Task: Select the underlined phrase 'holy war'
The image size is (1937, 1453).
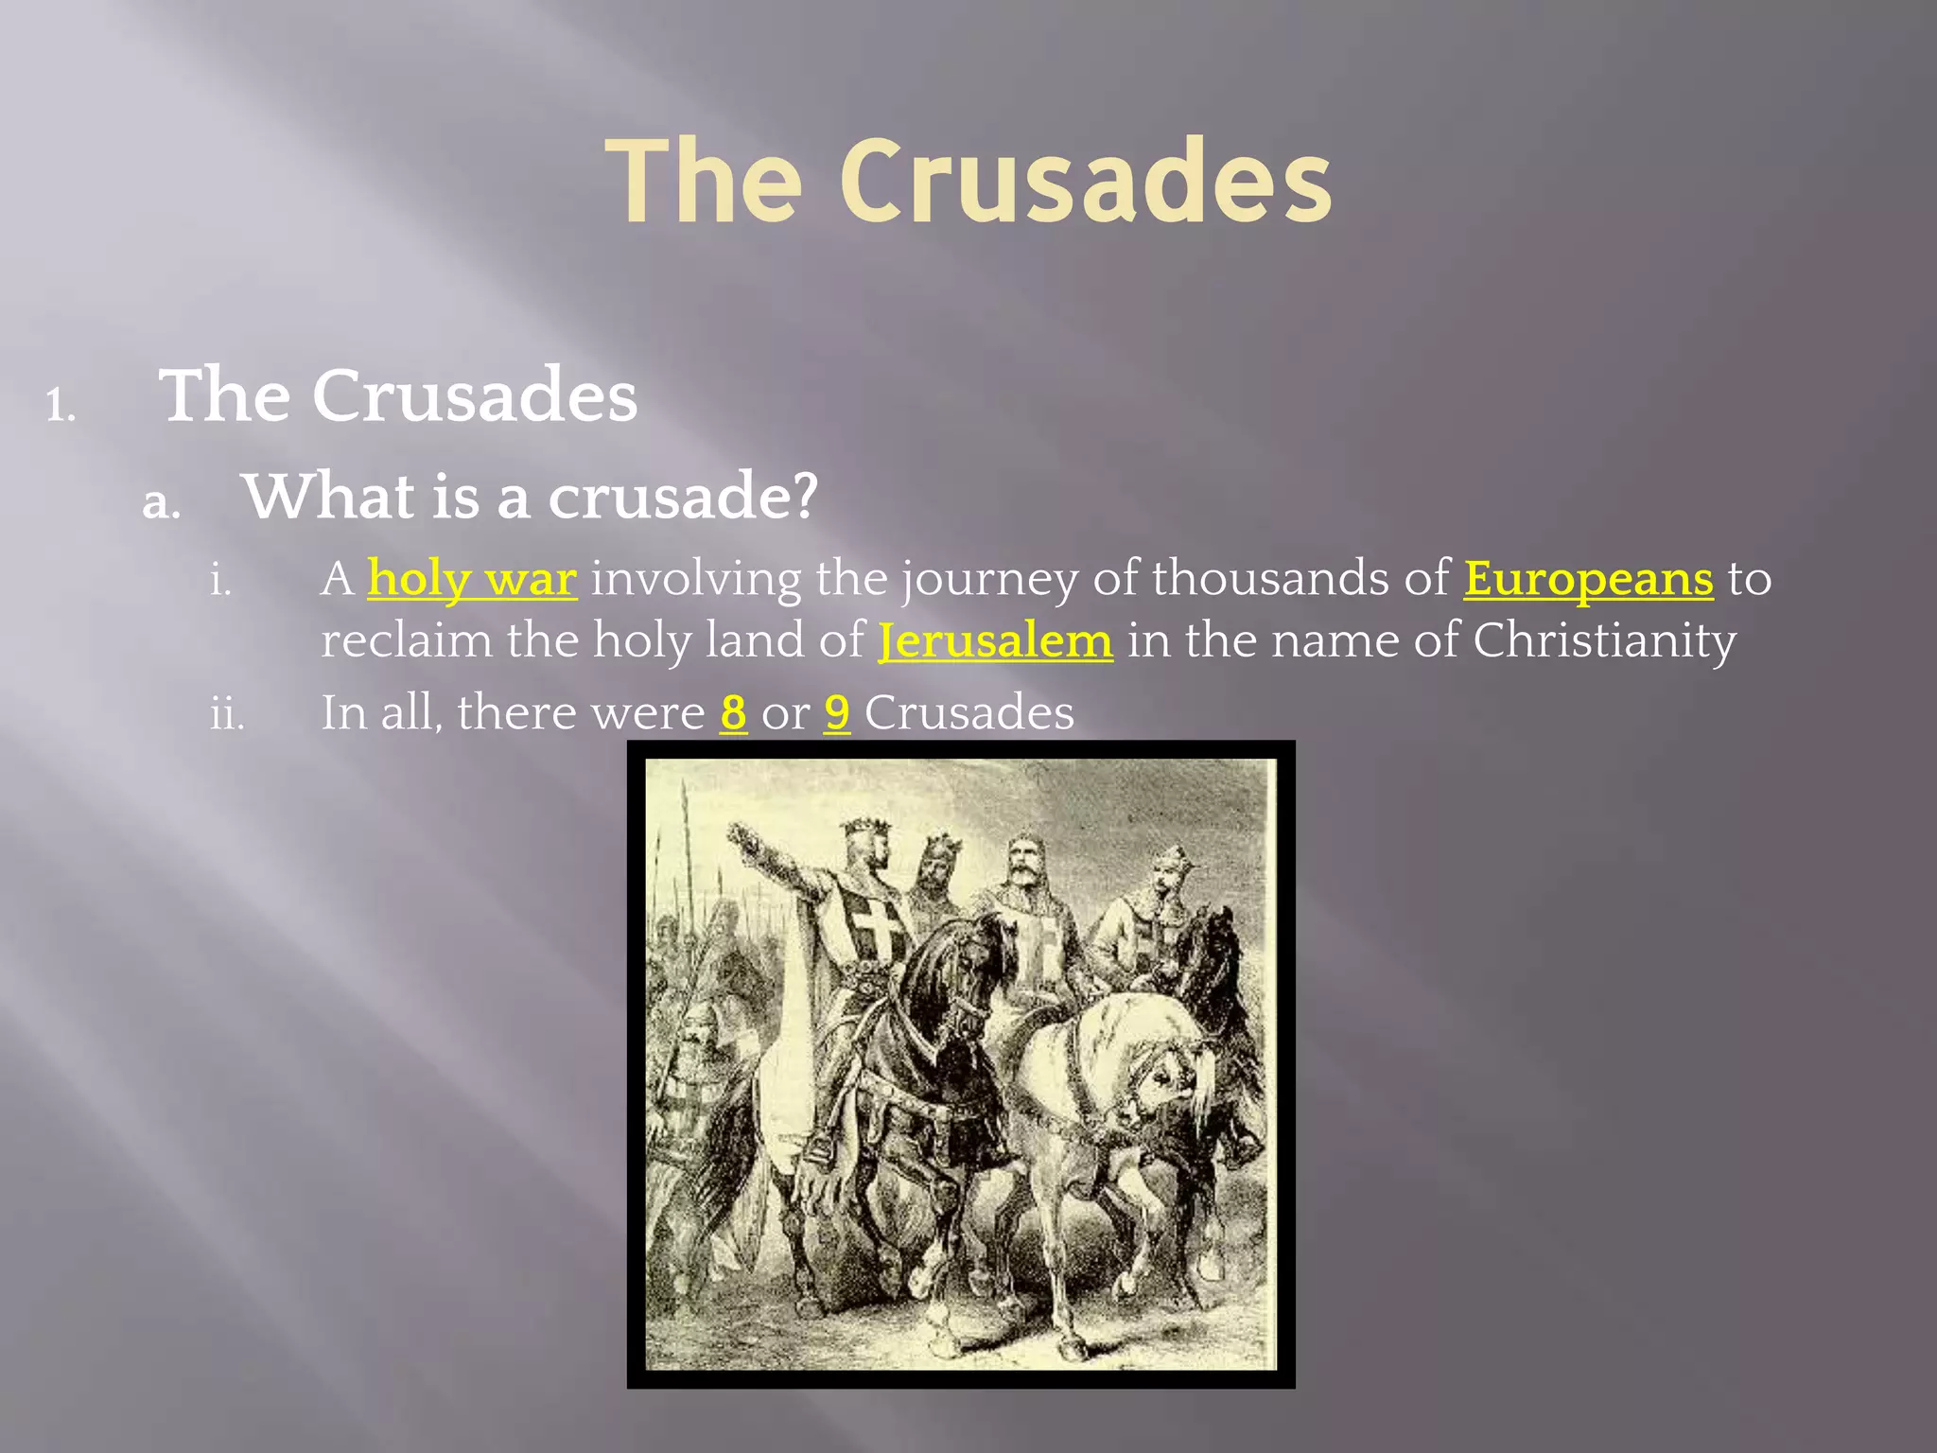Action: [472, 578]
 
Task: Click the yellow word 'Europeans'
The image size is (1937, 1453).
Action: [1588, 578]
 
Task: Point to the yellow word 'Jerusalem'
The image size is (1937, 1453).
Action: [995, 640]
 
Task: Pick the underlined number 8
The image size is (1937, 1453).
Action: [733, 712]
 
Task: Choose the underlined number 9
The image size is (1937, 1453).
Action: [837, 712]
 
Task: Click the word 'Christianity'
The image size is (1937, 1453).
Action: [1604, 640]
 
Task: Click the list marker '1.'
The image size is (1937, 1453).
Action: [61, 406]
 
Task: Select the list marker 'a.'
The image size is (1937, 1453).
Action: [161, 503]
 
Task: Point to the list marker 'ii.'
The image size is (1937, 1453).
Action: [227, 714]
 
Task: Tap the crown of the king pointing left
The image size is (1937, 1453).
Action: [867, 828]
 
